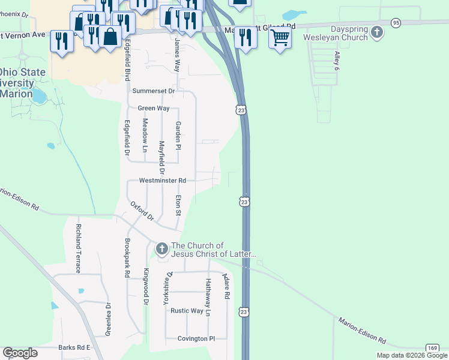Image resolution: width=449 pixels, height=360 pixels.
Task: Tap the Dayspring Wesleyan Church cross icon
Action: pyautogui.click(x=377, y=32)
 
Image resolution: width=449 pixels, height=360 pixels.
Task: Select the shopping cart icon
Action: pyautogui.click(x=280, y=38)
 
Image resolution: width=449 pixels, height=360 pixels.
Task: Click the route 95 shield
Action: pyautogui.click(x=396, y=22)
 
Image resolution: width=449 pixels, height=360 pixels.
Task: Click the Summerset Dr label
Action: pyautogui.click(x=153, y=91)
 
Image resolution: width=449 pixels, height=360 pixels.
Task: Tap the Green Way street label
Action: pyautogui.click(x=154, y=109)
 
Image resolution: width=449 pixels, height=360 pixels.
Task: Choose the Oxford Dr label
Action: pyautogui.click(x=142, y=211)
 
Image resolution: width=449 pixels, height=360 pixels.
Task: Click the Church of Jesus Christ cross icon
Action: pyautogui.click(x=161, y=248)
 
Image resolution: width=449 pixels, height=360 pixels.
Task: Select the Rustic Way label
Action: pyautogui.click(x=187, y=311)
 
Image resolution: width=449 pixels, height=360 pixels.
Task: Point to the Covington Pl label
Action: pyautogui.click(x=196, y=338)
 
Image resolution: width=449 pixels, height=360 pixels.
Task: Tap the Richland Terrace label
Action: pyautogui.click(x=78, y=248)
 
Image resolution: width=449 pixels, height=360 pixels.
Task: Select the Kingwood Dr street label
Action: pyautogui.click(x=145, y=287)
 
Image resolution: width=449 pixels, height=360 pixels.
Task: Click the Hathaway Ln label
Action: pyautogui.click(x=208, y=297)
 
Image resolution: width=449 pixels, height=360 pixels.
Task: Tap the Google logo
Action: pyautogui.click(x=20, y=353)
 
